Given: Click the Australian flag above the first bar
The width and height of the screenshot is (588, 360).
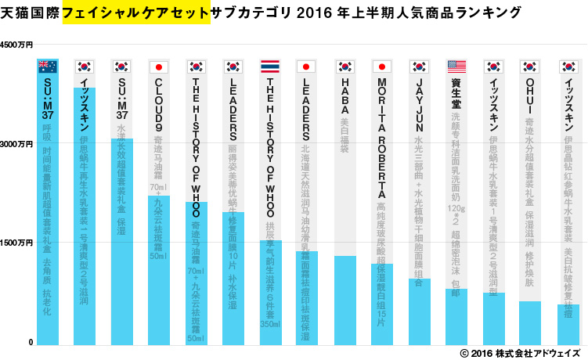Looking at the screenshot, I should click(47, 67).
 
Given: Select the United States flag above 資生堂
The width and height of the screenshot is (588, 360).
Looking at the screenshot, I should click(457, 67).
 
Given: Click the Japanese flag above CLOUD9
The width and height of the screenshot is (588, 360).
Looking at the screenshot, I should click(159, 67).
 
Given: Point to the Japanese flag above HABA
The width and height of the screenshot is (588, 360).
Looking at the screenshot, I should click(345, 67).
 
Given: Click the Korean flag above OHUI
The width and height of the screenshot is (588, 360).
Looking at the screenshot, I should click(531, 67).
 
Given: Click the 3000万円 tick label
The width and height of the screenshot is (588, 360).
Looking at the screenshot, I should click(16, 146).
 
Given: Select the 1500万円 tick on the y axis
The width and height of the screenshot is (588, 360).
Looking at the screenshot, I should click(16, 244).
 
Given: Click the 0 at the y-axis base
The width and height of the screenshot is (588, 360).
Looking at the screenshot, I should click(29, 343).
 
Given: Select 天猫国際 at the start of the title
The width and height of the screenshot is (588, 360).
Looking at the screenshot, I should click(32, 13).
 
